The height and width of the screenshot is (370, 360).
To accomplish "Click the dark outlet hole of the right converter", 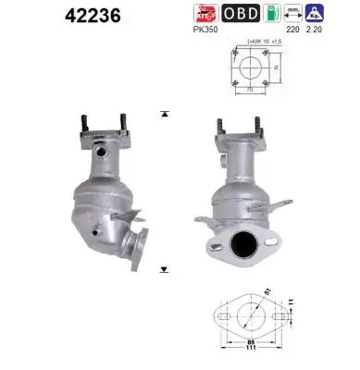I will click(x=244, y=245).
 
